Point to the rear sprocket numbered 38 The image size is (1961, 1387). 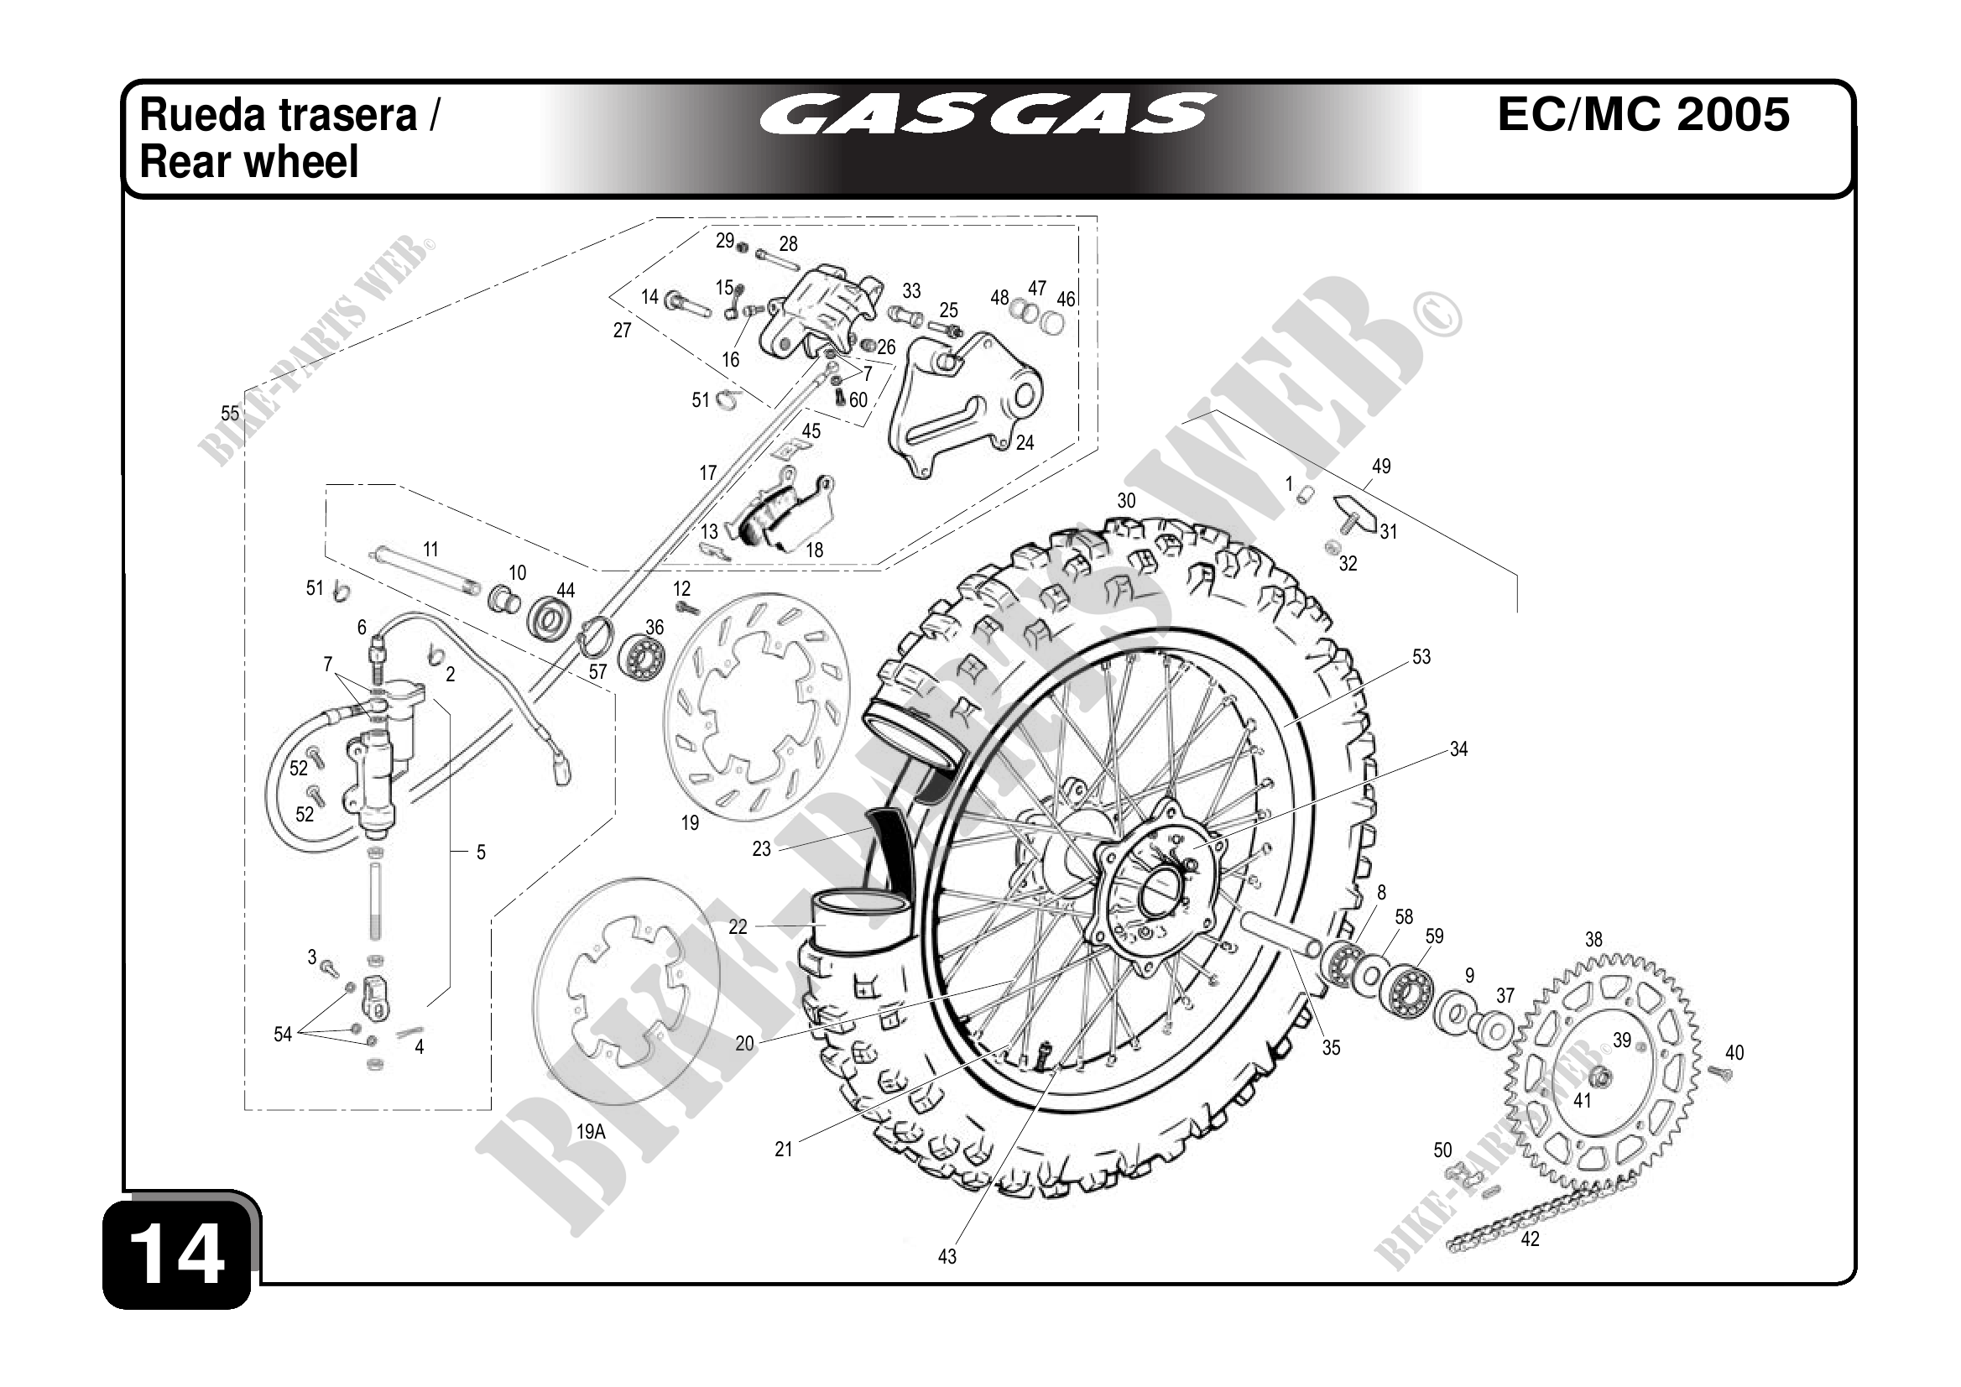point(1603,1072)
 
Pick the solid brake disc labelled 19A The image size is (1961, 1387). point(625,991)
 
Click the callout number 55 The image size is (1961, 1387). point(230,414)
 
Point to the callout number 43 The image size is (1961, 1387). point(947,1256)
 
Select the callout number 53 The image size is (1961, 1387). point(1421,657)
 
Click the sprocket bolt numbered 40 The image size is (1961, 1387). point(1721,1073)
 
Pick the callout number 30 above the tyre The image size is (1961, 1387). point(1127,500)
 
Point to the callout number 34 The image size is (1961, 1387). point(1458,749)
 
